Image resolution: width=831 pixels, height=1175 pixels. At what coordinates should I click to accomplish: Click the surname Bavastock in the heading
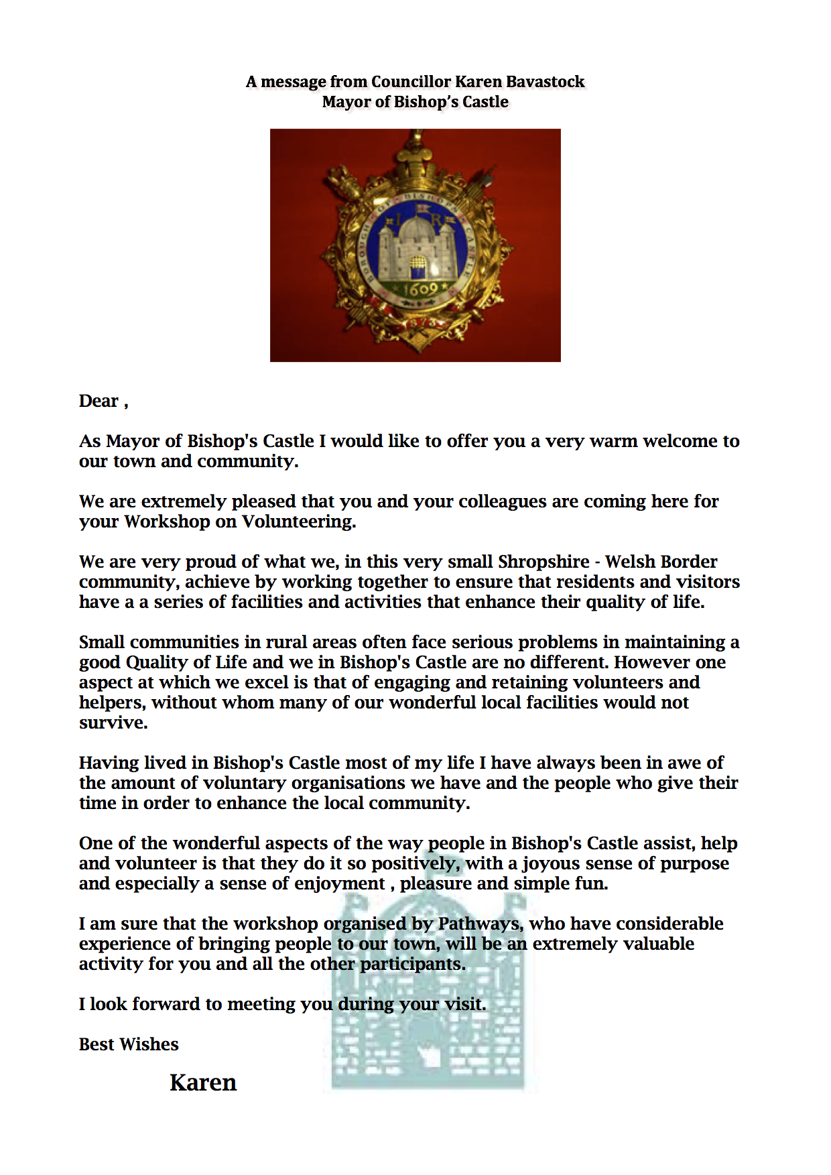545,82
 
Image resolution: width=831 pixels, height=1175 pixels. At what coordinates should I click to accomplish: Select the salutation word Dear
99,401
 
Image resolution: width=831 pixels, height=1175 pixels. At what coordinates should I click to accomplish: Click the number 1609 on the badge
420,290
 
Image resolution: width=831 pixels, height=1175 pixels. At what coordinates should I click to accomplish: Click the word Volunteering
298,521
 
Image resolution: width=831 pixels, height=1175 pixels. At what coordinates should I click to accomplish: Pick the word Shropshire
544,562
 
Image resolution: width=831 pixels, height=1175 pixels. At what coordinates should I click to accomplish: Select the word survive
113,723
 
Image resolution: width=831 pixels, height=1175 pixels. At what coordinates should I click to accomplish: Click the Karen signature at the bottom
203,1083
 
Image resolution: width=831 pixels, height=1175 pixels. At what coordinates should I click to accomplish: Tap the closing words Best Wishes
129,1044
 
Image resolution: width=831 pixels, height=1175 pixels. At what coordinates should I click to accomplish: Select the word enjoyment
340,883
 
